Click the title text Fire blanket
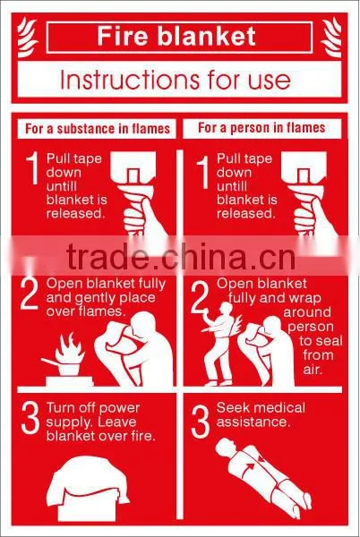pos(176,36)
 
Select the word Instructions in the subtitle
pos(129,79)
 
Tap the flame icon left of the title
pos(27,38)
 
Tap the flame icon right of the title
pos(331,38)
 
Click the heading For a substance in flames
pos(98,129)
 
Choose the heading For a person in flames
pos(261,128)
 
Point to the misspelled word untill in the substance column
pos(62,186)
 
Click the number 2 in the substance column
pos(30,293)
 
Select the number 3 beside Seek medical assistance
pos(200,421)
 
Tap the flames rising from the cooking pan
pos(70,348)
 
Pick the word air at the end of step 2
pos(313,370)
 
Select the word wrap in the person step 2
pos(304,299)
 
